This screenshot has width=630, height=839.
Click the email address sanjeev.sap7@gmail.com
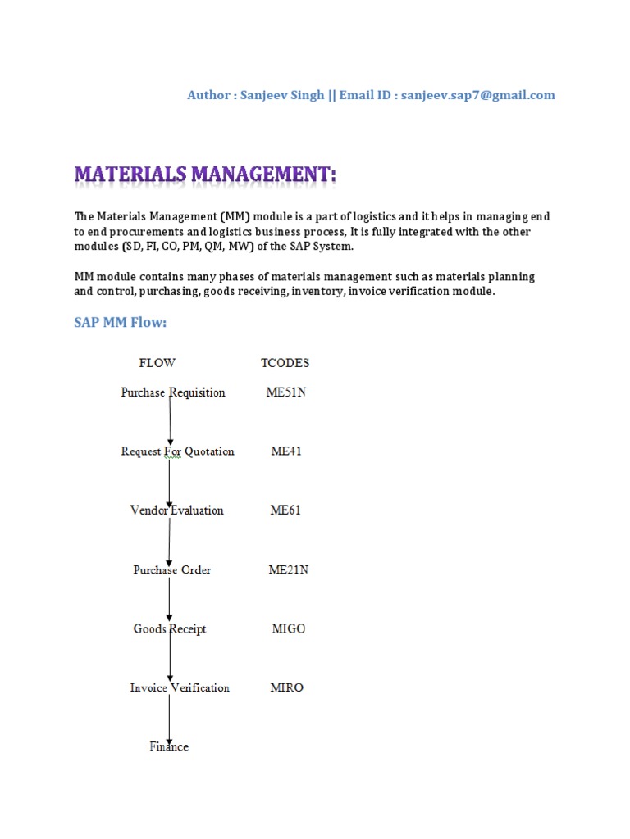point(478,95)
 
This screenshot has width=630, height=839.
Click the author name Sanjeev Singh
point(280,95)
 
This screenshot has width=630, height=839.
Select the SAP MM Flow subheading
point(121,323)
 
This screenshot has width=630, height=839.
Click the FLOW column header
point(157,363)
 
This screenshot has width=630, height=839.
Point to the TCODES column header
point(285,363)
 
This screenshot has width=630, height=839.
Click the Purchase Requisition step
point(173,392)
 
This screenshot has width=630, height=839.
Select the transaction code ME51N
point(286,392)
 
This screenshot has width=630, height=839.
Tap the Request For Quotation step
point(177,451)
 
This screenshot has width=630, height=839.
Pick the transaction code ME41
point(286,451)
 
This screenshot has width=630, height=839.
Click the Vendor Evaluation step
point(176,510)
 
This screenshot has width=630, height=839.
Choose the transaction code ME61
point(285,510)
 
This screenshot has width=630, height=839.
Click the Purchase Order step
point(172,570)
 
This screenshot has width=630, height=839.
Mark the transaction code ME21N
point(289,570)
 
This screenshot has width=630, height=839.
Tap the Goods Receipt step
point(170,629)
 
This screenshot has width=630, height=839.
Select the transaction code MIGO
point(288,629)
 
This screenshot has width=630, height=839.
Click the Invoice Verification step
point(180,687)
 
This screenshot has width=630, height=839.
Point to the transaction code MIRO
point(287,687)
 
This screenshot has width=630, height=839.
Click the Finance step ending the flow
point(169,746)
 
